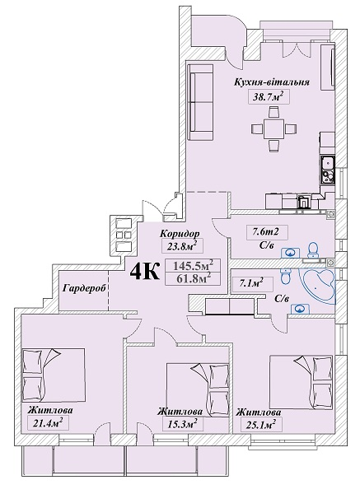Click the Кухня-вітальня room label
tap(271, 82)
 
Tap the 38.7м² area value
tap(267, 96)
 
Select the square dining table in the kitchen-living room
tap(274, 128)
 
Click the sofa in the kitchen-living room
tap(200, 102)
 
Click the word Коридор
tap(180, 234)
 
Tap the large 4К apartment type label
tap(144, 272)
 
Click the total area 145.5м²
tap(192, 266)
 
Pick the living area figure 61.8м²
tap(193, 278)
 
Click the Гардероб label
tap(83, 288)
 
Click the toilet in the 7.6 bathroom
tap(313, 250)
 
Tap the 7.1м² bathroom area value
tap(251, 283)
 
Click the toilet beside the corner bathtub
tap(286, 277)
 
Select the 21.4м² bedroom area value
tap(47, 422)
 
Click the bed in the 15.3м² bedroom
tap(198, 389)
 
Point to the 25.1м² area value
tap(259, 424)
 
